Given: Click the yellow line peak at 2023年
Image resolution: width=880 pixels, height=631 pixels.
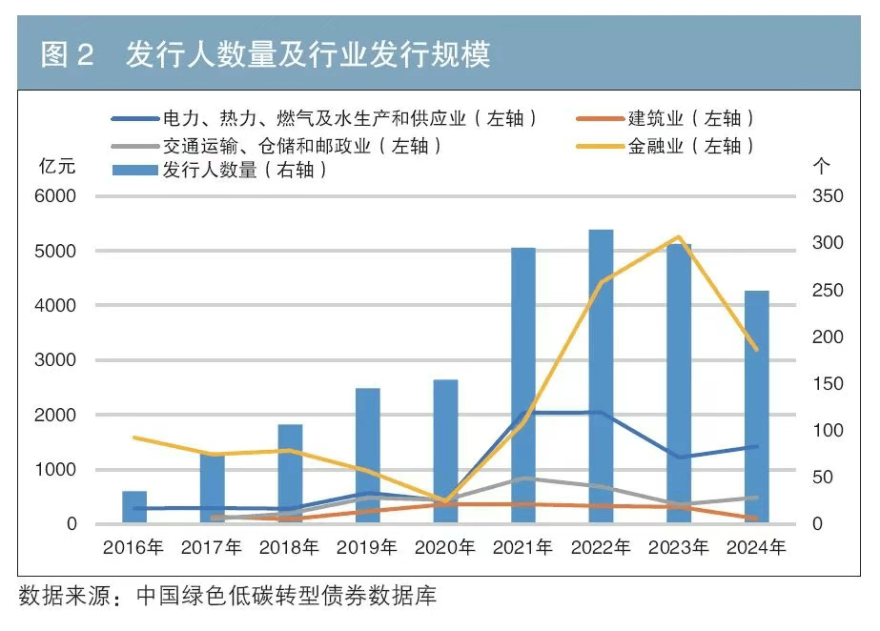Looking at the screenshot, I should pyautogui.click(x=678, y=236).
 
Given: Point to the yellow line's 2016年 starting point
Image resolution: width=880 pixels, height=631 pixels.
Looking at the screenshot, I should pyautogui.click(x=135, y=438).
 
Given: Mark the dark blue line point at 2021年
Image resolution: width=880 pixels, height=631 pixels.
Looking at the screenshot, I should pyautogui.click(x=523, y=413).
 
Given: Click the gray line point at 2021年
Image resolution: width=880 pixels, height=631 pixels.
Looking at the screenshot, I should pyautogui.click(x=523, y=478).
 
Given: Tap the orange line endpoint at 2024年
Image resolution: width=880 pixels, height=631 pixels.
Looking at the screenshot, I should pyautogui.click(x=756, y=519).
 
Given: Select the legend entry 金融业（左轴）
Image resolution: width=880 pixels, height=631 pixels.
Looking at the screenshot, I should pyautogui.click(x=691, y=147).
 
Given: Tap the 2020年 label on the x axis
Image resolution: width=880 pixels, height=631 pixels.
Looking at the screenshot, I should pyautogui.click(x=445, y=548).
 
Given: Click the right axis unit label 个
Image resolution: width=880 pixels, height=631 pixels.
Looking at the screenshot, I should pyautogui.click(x=821, y=166).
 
